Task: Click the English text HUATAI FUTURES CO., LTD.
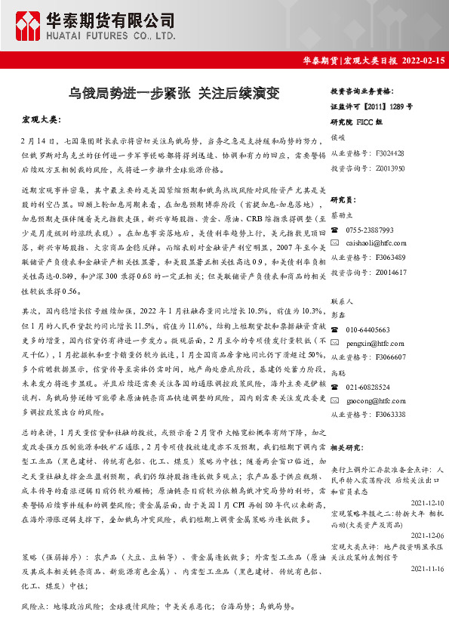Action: pos(101,34)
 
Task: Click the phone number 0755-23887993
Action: pos(370,230)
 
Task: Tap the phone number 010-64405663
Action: pos(368,330)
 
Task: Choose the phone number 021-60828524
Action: pos(368,387)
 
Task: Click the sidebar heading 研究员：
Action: pos(344,199)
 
